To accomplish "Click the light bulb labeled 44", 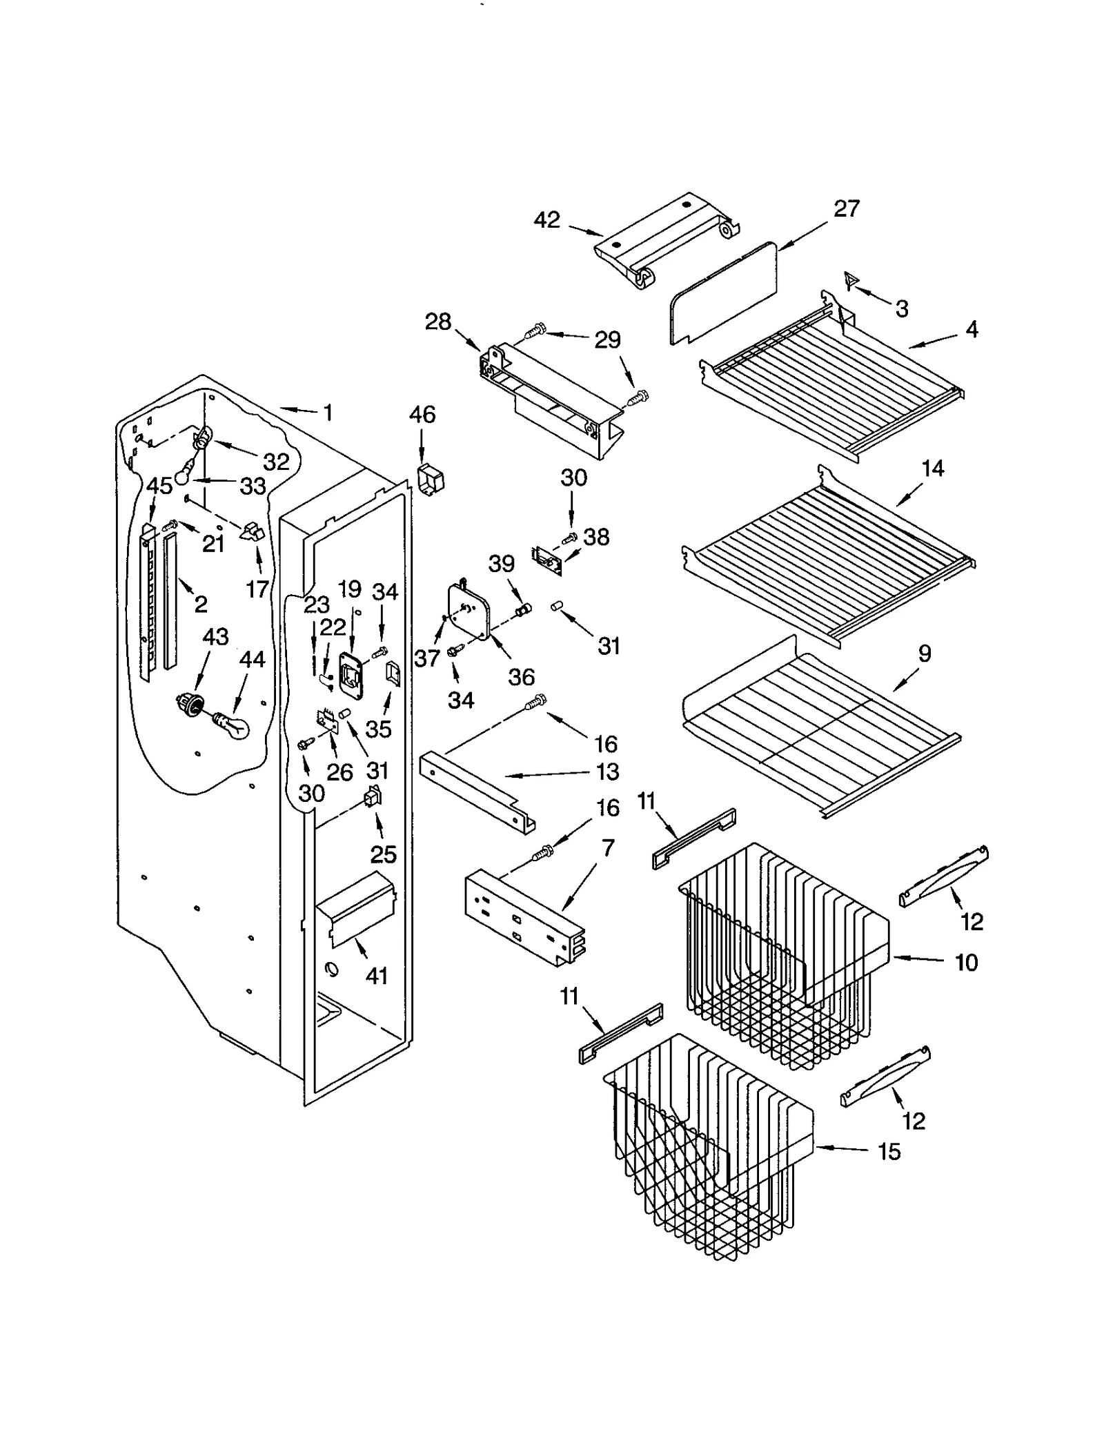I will pos(230,723).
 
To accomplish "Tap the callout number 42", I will pos(546,220).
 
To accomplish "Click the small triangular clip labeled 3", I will pos(851,279).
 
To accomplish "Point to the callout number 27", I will pos(847,208).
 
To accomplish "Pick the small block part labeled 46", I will pos(431,478).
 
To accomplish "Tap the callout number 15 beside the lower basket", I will pos(889,1151).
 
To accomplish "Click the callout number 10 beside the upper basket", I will pos(966,962).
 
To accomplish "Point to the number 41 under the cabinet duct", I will pos(376,976).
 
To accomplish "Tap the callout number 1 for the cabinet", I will pos(328,413).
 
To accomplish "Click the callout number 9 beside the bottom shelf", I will pos(925,653).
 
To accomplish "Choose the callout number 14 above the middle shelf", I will pos(932,469).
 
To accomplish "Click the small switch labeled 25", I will pos(373,798).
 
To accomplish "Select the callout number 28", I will pos(438,322).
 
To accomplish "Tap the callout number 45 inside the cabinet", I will pos(159,485).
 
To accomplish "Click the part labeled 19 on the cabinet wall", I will pos(351,671).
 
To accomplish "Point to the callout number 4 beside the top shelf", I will pos(972,329).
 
